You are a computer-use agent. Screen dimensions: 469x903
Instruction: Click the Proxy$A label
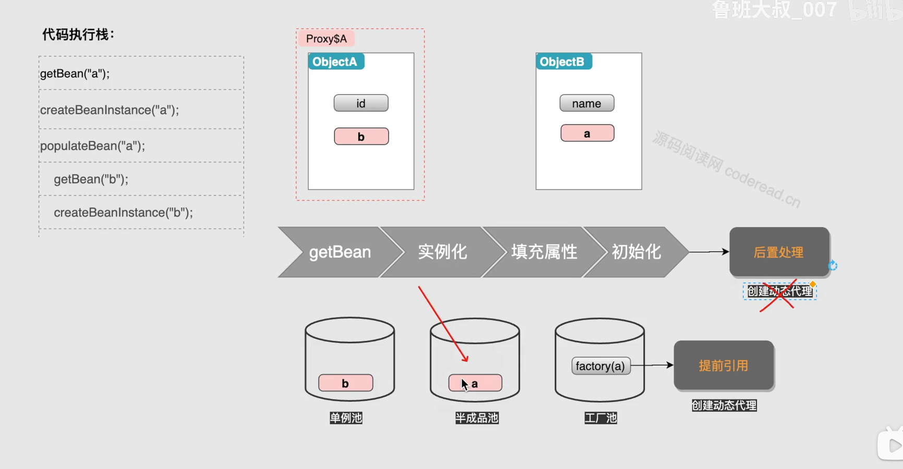[x=326, y=39]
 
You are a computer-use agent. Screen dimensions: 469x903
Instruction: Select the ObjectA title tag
[x=335, y=62]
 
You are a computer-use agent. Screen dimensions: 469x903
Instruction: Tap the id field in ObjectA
[x=361, y=103]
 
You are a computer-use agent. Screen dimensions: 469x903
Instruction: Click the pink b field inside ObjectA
[x=361, y=136]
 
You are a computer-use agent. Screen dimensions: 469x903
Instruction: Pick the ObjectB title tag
[x=563, y=62]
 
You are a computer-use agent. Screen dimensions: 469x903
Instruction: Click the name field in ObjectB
[x=586, y=103]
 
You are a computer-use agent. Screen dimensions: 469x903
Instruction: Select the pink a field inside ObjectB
[x=587, y=133]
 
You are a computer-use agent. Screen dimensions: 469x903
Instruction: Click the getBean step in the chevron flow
[x=340, y=252]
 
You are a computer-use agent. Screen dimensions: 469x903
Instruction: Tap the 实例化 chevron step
[x=442, y=252]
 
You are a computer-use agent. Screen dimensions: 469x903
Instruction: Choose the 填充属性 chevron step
[x=544, y=252]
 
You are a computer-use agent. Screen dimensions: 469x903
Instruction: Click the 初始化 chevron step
[x=636, y=252]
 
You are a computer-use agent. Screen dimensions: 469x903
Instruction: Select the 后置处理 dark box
[x=779, y=252]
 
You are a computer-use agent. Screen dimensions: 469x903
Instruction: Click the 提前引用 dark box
[x=724, y=365]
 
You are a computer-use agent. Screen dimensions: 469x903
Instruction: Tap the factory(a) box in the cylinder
[x=600, y=366]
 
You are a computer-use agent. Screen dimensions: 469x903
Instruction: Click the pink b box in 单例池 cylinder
[x=345, y=383]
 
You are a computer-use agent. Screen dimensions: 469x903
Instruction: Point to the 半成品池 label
[x=476, y=418]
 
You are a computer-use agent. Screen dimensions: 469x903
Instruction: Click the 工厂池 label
[x=600, y=418]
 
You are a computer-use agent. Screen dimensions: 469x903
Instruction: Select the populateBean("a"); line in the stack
[x=93, y=146]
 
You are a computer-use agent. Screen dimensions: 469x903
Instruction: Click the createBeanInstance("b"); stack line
[x=123, y=213]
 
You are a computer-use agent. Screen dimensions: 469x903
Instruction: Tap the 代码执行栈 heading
[x=78, y=35]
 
